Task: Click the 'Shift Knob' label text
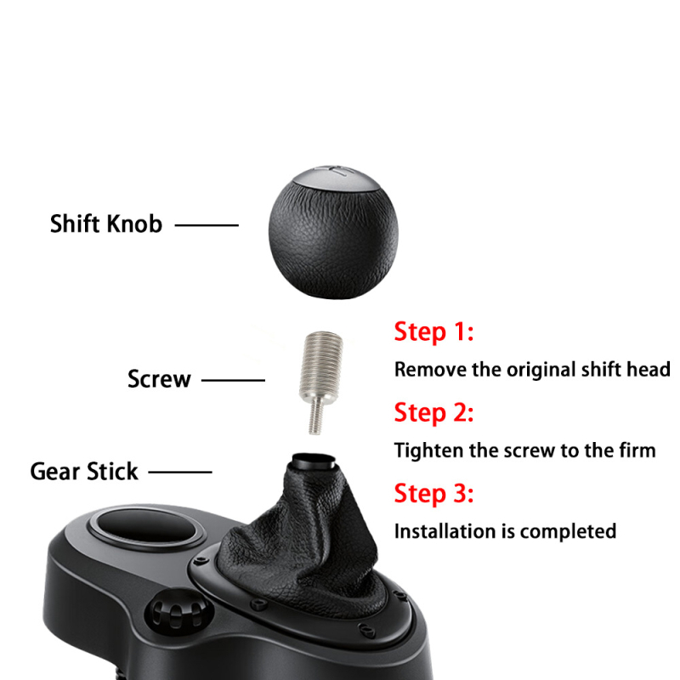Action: pyautogui.click(x=105, y=224)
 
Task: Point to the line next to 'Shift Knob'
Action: pyautogui.click(x=207, y=225)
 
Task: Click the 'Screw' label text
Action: pyautogui.click(x=159, y=378)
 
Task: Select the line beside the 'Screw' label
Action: pyautogui.click(x=232, y=379)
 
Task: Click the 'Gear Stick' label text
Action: pyautogui.click(x=84, y=471)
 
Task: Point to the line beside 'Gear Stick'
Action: pyautogui.click(x=180, y=471)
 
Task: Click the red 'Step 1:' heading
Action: pyautogui.click(x=433, y=331)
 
